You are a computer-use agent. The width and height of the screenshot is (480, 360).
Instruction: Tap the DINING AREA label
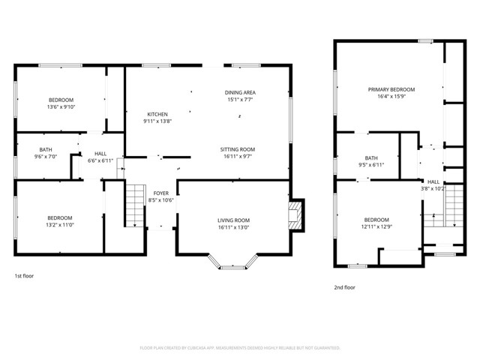pyautogui.click(x=239, y=91)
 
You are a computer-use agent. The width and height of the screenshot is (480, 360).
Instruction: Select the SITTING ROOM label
pyautogui.click(x=237, y=149)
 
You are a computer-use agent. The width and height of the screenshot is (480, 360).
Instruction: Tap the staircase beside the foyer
pyautogui.click(x=134, y=205)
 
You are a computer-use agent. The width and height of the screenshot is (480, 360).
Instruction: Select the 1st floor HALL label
pyautogui.click(x=100, y=154)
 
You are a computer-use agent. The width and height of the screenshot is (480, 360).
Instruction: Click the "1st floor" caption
pyautogui.click(x=24, y=276)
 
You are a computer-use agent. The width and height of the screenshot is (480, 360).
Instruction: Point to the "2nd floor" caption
pyautogui.click(x=345, y=287)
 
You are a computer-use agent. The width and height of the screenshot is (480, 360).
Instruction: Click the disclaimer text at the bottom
pyautogui.click(x=240, y=348)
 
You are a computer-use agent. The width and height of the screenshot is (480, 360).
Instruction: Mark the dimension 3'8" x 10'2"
pyautogui.click(x=434, y=188)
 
